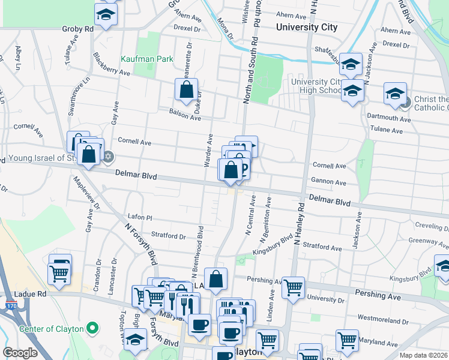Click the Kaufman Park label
point(146,59)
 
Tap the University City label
point(306,27)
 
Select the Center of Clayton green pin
point(92,328)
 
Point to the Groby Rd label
point(77,28)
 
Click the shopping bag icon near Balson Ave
point(187,91)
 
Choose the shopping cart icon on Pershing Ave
point(293,287)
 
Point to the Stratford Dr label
point(169,236)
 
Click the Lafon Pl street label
point(140,217)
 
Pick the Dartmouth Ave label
point(390,119)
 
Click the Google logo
point(20,353)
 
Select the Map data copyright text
point(424,355)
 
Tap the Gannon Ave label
point(329,182)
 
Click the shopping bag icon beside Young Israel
point(88,155)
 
